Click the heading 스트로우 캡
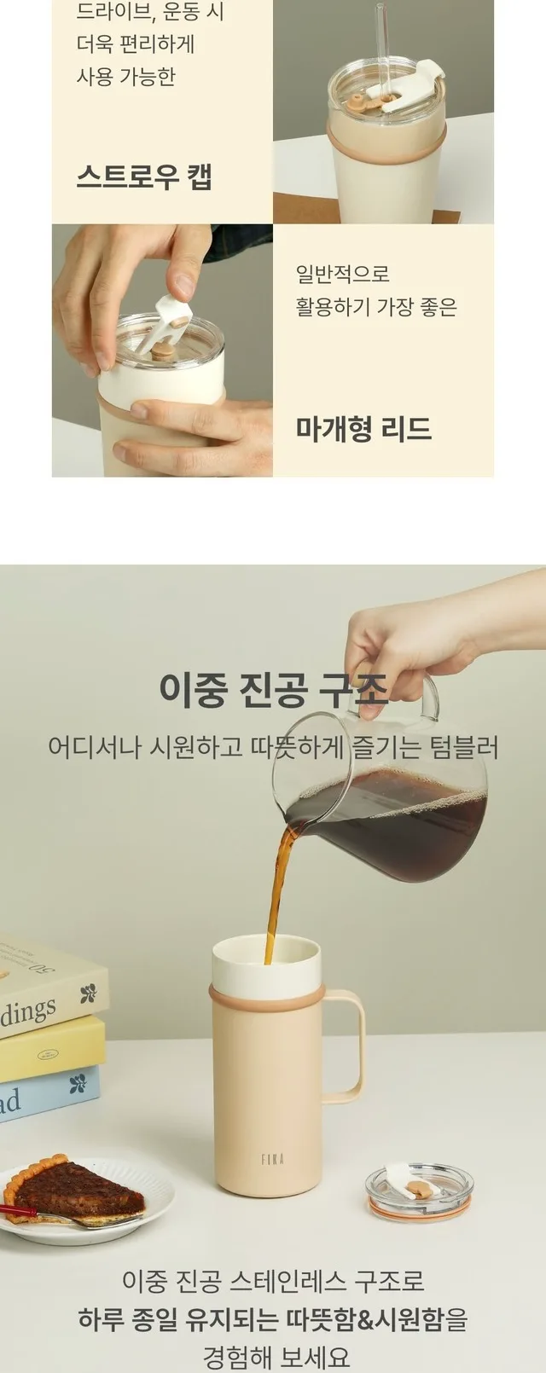[145, 177]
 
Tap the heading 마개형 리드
[363, 428]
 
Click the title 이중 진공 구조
[274, 688]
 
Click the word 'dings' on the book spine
[28, 1010]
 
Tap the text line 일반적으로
[342, 274]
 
